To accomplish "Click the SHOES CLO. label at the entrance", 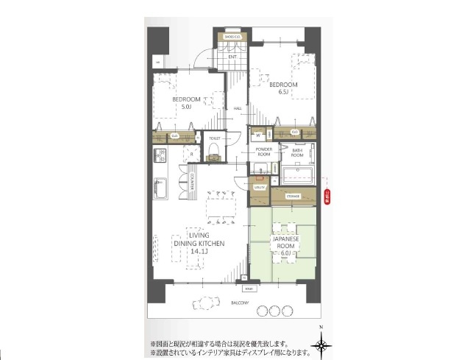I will click(232, 37).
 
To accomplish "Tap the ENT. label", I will click(232, 57).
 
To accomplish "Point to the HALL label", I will click(238, 109).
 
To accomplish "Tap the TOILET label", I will click(215, 138).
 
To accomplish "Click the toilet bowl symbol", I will click(214, 152).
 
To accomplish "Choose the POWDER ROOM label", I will click(264, 152).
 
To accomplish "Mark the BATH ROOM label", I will click(297, 152).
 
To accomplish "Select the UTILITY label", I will click(259, 188).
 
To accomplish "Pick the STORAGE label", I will click(293, 196).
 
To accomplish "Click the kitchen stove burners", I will click(160, 156).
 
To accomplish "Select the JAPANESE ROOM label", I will click(285, 244).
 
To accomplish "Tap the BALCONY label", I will click(238, 303).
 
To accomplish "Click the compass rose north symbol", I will click(321, 344).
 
